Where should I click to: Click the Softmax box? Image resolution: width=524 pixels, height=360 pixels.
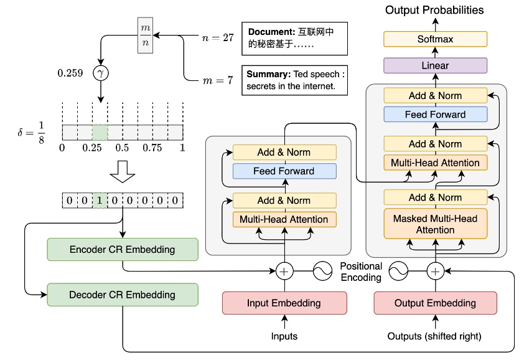pyautogui.click(x=435, y=39)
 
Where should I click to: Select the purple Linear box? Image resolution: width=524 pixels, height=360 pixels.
pyautogui.click(x=435, y=65)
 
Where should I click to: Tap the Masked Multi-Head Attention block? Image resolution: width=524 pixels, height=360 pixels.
pyautogui.click(x=435, y=224)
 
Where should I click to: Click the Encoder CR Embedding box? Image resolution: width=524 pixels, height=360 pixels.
pyautogui.click(x=122, y=250)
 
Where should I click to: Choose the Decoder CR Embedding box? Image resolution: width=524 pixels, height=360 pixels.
pyautogui.click(x=122, y=295)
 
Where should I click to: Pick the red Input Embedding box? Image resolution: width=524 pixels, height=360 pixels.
pyautogui.click(x=284, y=303)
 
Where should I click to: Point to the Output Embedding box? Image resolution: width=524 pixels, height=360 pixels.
pyautogui.click(x=435, y=303)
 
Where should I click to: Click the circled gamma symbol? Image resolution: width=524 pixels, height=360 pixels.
pyautogui.click(x=100, y=73)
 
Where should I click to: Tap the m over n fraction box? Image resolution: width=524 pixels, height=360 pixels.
pyautogui.click(x=144, y=36)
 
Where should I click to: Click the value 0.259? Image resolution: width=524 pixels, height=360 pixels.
pyautogui.click(x=71, y=73)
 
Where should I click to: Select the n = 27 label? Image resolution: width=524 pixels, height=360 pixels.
pyautogui.click(x=218, y=37)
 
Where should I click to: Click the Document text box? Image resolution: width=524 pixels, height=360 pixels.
pyautogui.click(x=294, y=39)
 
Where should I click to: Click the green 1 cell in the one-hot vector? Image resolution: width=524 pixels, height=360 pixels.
pyautogui.click(x=100, y=201)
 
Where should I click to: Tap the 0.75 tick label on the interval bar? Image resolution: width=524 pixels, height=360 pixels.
pyautogui.click(x=152, y=148)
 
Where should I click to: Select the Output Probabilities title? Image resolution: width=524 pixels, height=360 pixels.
pyautogui.click(x=434, y=10)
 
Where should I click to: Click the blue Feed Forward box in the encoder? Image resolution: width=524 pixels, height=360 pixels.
pyautogui.click(x=284, y=171)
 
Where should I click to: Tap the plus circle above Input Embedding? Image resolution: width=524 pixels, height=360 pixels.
pyautogui.click(x=284, y=271)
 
